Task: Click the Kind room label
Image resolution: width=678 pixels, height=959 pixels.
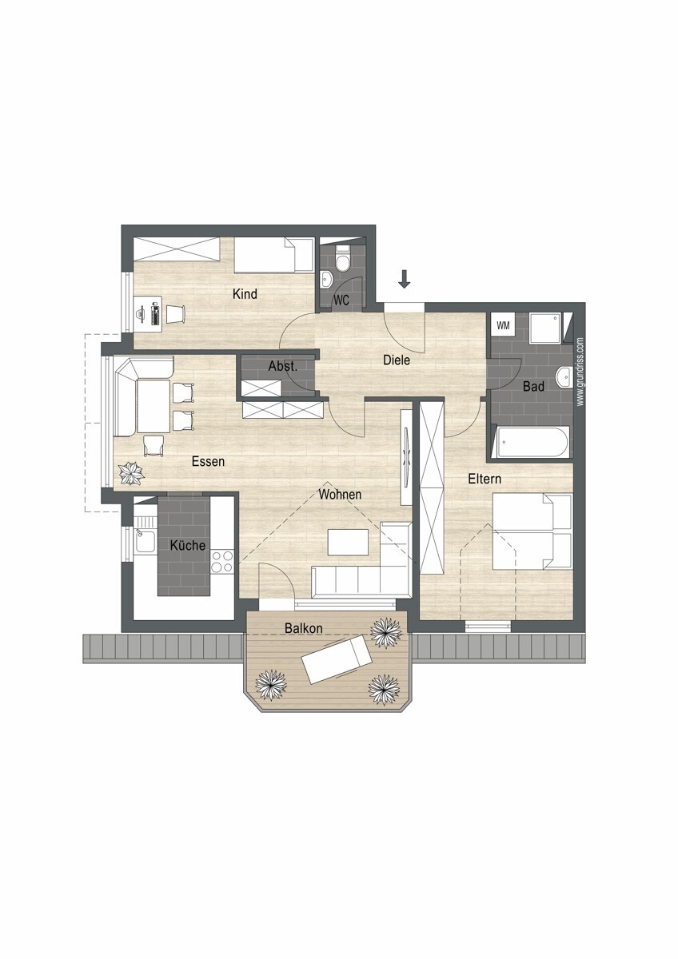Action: click(245, 294)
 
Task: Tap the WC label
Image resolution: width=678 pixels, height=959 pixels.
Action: click(341, 300)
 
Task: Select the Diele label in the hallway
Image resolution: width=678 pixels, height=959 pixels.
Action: click(397, 360)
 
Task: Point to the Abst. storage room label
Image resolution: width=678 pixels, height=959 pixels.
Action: click(283, 366)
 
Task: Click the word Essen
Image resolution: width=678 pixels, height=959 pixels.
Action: click(208, 462)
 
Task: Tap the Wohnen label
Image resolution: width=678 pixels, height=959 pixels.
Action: click(340, 495)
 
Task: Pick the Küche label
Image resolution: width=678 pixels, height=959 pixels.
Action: click(188, 545)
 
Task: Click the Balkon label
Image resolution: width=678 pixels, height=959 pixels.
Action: click(304, 628)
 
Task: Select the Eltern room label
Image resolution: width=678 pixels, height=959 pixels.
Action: click(485, 479)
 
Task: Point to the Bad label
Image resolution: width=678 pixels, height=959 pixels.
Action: click(533, 387)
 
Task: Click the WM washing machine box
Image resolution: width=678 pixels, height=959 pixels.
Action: click(503, 325)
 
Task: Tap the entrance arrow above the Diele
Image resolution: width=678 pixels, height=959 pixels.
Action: click(405, 279)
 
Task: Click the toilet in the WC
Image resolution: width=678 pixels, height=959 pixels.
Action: click(343, 259)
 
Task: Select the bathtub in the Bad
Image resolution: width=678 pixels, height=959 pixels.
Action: click(532, 442)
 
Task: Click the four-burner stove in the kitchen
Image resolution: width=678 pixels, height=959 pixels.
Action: click(222, 561)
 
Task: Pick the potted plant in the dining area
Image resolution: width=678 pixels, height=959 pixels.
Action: click(131, 473)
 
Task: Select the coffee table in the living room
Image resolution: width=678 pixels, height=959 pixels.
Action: click(348, 543)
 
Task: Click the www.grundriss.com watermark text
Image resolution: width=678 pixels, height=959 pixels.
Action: click(580, 372)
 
